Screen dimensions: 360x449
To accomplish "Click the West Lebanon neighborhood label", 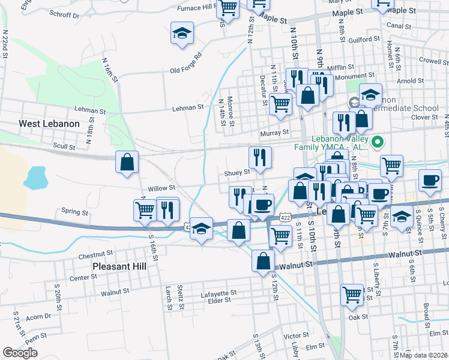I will (49, 123).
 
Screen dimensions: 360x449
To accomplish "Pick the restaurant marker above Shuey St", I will (260, 157).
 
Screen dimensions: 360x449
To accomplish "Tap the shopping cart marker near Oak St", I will (352, 295).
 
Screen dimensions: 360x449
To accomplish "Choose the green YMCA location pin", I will (377, 142).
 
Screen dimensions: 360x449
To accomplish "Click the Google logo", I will (20, 353).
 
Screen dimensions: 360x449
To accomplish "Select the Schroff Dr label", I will (65, 16).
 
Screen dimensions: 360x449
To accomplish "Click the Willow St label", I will (161, 188).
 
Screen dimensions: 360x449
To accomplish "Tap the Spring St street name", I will (75, 211).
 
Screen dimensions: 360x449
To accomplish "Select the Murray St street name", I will (274, 133).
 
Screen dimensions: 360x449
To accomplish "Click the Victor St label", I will (296, 335).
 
